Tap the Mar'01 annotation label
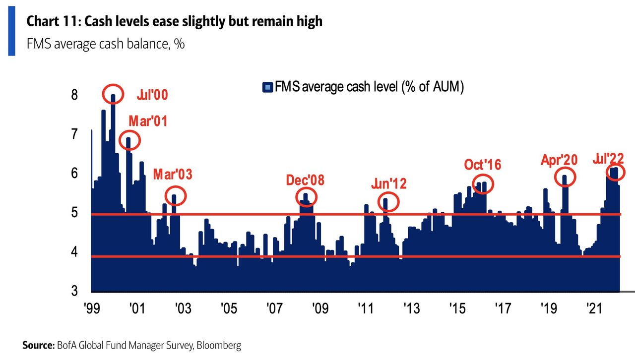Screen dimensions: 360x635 [148, 121]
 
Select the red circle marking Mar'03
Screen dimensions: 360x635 [175, 196]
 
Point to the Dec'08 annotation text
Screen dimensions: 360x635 [305, 180]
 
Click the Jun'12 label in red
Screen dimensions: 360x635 [389, 184]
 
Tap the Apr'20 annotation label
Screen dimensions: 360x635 [559, 160]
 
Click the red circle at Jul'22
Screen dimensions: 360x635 [615, 172]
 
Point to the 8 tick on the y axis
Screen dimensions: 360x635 [74, 95]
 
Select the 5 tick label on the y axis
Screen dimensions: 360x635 [74, 213]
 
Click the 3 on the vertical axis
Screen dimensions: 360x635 [74, 291]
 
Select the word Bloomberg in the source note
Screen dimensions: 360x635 [220, 345]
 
